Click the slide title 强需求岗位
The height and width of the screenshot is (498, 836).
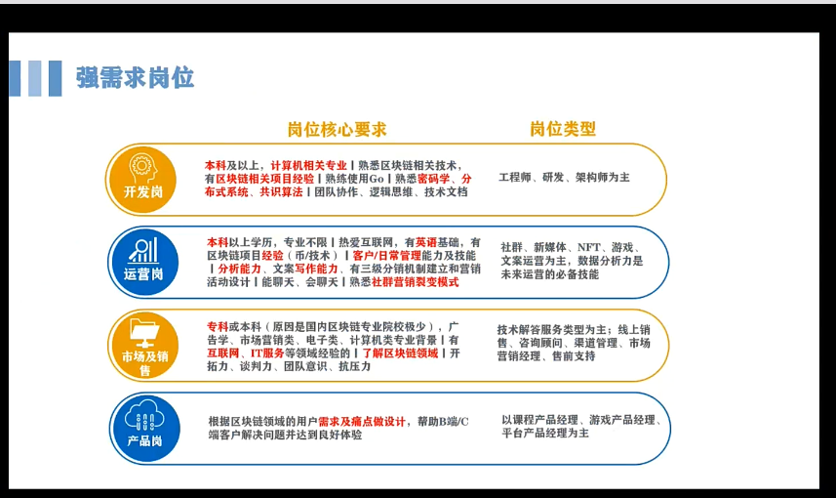tap(135, 78)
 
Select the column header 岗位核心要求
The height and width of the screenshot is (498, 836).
tap(337, 129)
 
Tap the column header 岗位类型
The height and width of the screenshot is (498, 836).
tap(563, 129)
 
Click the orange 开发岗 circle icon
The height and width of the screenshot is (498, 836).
tap(142, 180)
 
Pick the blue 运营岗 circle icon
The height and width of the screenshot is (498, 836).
tap(143, 262)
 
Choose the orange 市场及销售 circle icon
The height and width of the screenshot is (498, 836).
tap(144, 346)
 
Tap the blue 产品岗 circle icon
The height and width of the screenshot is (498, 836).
tap(145, 428)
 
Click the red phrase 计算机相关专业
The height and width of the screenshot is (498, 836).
tap(308, 165)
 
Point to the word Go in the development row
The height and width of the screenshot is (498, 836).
tap(376, 179)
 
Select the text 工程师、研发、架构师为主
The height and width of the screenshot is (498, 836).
tap(564, 177)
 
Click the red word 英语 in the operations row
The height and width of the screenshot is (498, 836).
tap(426, 242)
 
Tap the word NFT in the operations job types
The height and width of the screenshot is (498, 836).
tap(588, 247)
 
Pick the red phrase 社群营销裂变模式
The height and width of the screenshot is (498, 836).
tap(415, 282)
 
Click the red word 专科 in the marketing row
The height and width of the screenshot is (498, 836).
tap(218, 326)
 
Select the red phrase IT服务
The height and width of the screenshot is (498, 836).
tap(267, 353)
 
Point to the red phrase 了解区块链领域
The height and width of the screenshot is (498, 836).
tap(400, 353)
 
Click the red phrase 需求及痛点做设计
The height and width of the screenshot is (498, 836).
tap(362, 422)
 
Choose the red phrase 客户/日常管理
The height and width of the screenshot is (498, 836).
tap(386, 256)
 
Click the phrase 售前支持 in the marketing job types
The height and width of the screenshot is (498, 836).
tap(574, 356)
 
